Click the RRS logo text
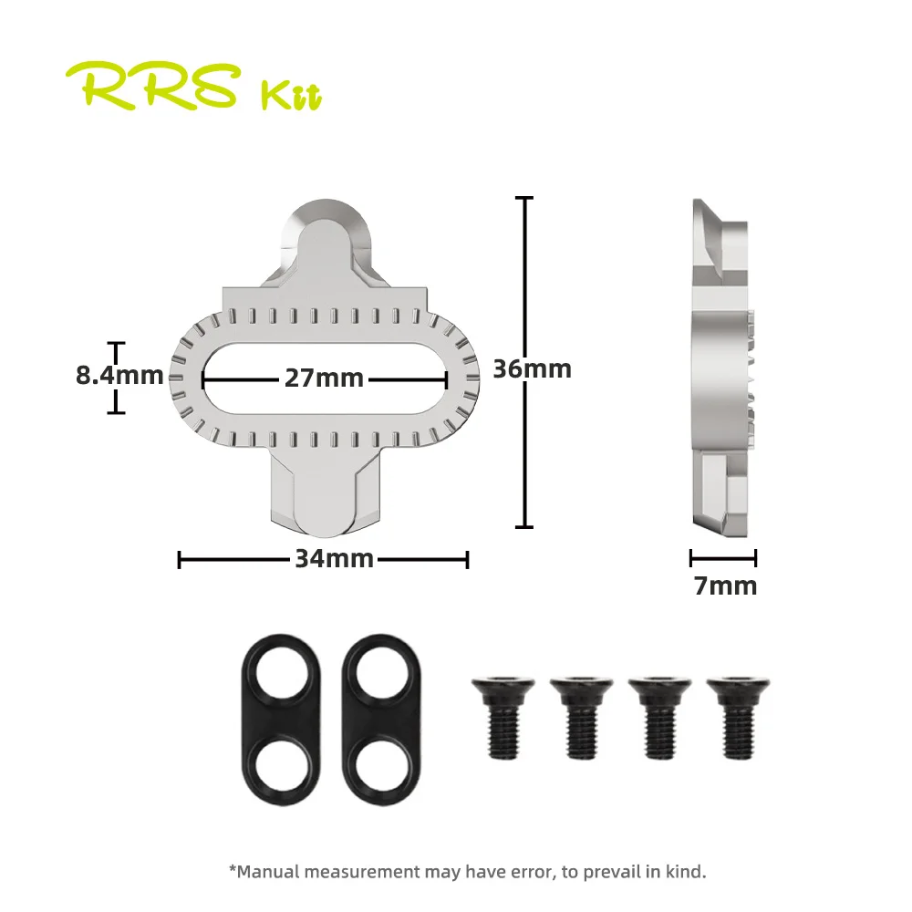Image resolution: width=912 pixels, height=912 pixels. [161, 87]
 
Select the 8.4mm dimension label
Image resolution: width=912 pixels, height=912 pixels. [119, 375]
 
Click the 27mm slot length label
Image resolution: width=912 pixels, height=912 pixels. [324, 378]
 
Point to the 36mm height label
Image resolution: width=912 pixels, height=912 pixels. [533, 368]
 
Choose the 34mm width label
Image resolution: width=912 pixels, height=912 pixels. [334, 559]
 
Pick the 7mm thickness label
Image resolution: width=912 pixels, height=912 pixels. [725, 586]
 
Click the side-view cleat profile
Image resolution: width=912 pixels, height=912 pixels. [722, 365]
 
